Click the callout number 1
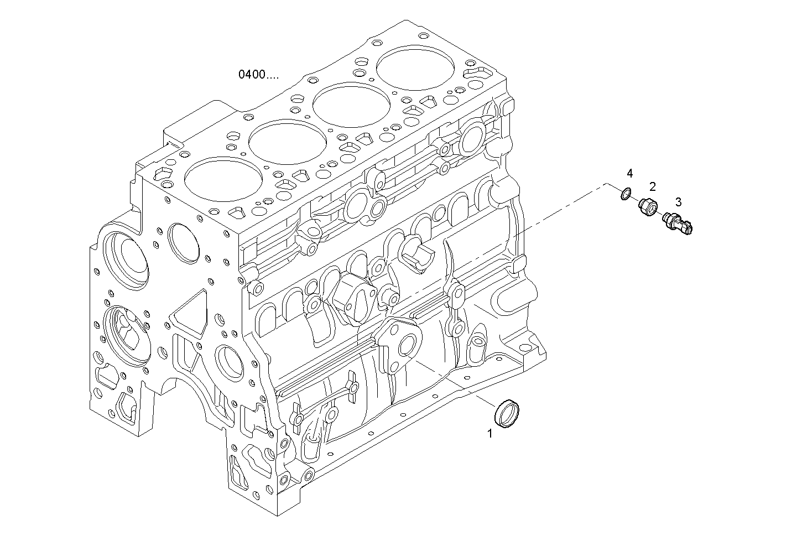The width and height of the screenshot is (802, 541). [x=489, y=434]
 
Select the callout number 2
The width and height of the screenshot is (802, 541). [x=653, y=186]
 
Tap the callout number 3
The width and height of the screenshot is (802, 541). [x=678, y=202]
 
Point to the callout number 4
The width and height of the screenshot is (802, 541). [x=629, y=174]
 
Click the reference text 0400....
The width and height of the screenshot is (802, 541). [x=258, y=74]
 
